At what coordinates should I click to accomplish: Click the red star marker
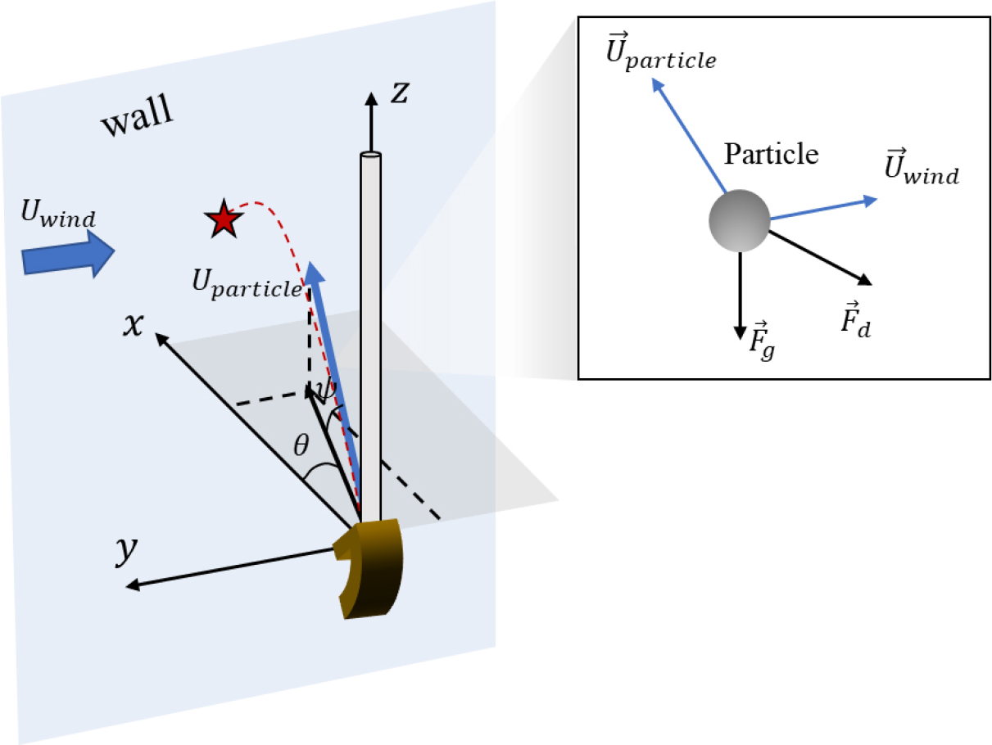[x=223, y=220]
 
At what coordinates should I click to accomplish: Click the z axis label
[x=400, y=93]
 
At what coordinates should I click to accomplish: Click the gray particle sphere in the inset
[x=739, y=220]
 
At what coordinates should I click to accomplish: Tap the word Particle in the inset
[x=771, y=154]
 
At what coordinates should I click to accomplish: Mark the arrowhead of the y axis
[x=131, y=585]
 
